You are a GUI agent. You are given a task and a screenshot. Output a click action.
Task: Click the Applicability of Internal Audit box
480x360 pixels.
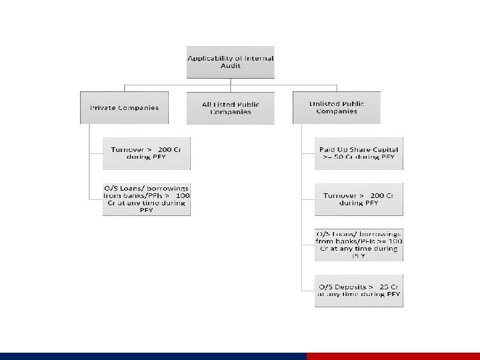[x=230, y=63]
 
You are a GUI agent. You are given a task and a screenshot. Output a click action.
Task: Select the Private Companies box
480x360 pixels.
[x=124, y=107]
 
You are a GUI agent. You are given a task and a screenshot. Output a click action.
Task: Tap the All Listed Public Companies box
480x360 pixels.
[x=230, y=108]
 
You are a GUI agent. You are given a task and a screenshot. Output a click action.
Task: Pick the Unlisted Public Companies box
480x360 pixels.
[x=336, y=107]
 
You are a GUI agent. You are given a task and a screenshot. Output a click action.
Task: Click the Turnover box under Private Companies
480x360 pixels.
[x=146, y=153]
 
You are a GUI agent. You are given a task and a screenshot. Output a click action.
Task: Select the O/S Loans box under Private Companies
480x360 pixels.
[x=146, y=198]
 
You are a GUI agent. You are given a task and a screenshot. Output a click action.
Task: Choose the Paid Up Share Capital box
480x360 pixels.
[x=359, y=153]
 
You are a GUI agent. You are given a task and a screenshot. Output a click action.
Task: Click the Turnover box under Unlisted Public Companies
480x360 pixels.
[x=359, y=199]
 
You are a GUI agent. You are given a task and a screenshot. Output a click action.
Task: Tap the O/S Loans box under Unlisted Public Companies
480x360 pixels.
[x=359, y=244]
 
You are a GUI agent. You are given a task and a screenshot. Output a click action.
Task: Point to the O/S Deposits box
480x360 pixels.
[x=359, y=290]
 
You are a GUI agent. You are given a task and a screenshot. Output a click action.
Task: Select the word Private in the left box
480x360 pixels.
[x=103, y=108]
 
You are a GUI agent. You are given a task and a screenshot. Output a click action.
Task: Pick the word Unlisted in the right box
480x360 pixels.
[x=325, y=104]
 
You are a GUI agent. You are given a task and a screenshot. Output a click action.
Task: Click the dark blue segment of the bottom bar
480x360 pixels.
[x=153, y=356]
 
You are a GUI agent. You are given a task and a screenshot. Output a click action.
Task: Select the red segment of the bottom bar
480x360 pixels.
[x=393, y=356]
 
